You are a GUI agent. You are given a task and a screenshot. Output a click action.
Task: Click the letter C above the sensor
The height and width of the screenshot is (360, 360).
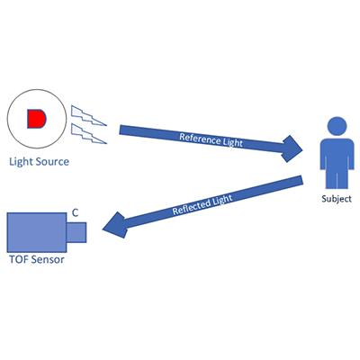(75, 212)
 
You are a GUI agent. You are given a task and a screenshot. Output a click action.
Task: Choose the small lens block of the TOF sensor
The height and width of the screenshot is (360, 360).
(76, 231)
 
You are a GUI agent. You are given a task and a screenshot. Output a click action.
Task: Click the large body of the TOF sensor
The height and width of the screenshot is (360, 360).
(36, 231)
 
